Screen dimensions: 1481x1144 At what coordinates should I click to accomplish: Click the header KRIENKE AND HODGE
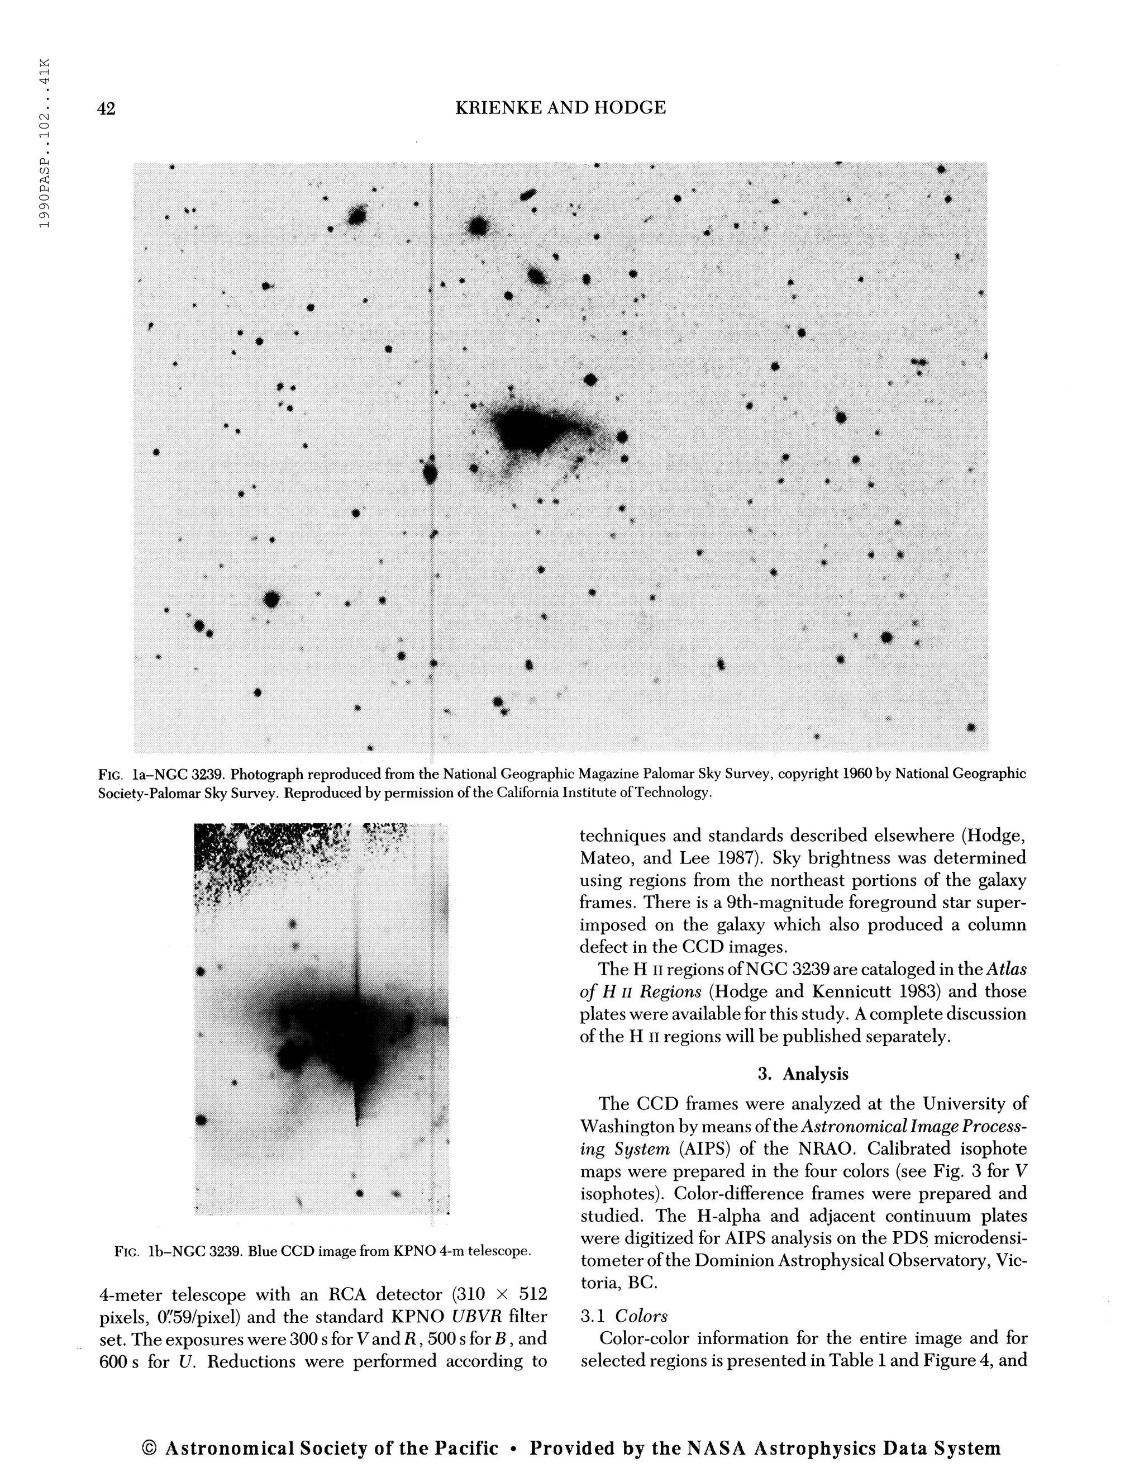pyautogui.click(x=560, y=107)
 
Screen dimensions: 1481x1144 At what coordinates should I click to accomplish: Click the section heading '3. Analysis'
pyautogui.click(x=803, y=1074)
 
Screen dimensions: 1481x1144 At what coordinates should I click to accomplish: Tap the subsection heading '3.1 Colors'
pyautogui.click(x=623, y=1316)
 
